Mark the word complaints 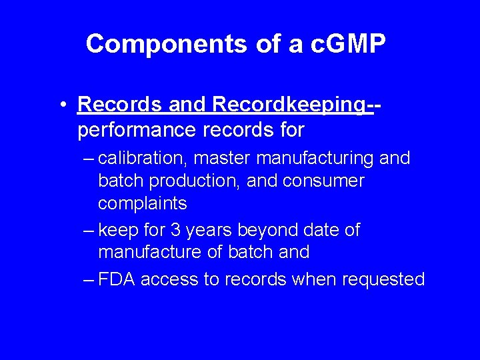pos(143,203)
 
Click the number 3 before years pos(175,230)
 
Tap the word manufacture pos(153,252)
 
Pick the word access pos(171,279)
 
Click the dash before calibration pos(89,159)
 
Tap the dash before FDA pos(89,279)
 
